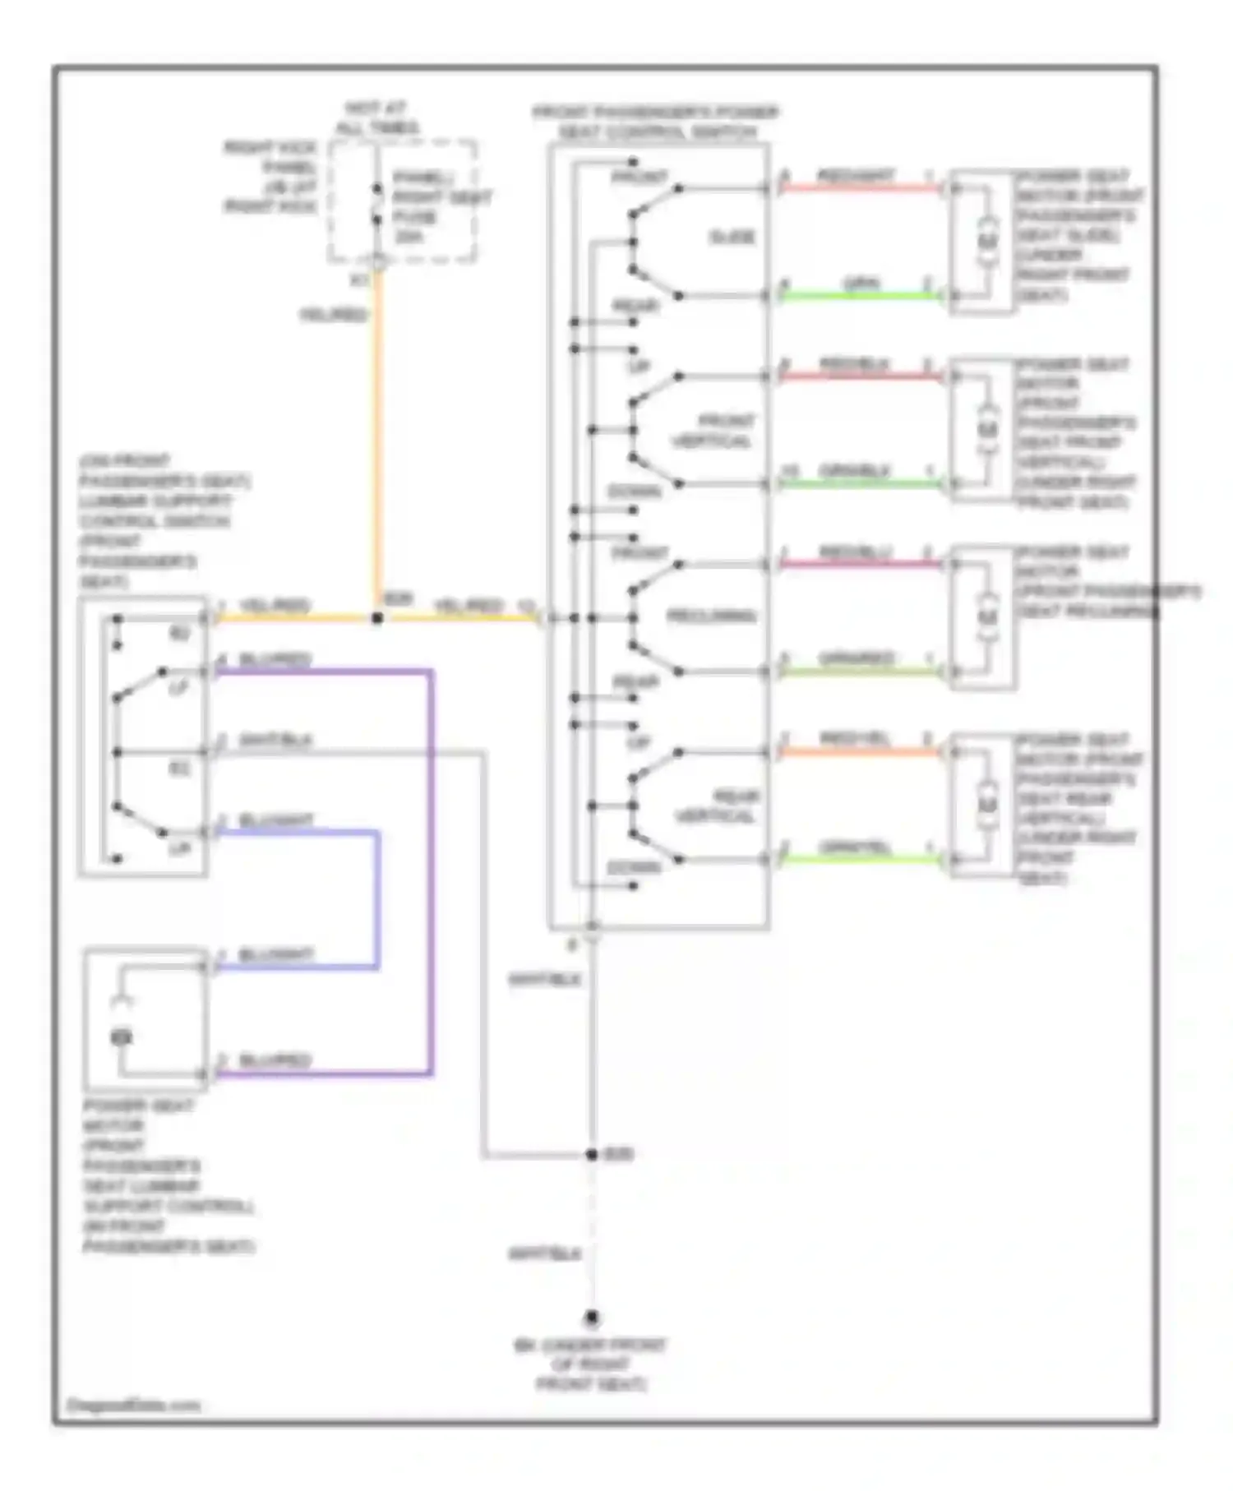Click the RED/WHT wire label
point(855,176)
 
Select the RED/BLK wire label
point(855,364)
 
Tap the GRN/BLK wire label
point(855,471)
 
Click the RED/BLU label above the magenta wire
point(855,552)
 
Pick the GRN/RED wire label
point(855,659)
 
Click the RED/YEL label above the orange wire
point(855,740)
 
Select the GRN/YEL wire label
point(855,847)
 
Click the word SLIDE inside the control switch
point(732,238)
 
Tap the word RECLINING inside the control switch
point(711,616)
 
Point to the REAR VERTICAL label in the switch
point(715,806)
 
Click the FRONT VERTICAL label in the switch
point(713,431)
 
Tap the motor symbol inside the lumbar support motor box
point(122,1037)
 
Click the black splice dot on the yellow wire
point(377,617)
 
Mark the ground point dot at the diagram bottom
point(591,1318)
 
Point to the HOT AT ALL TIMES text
point(376,118)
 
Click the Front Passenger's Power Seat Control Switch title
point(655,122)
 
